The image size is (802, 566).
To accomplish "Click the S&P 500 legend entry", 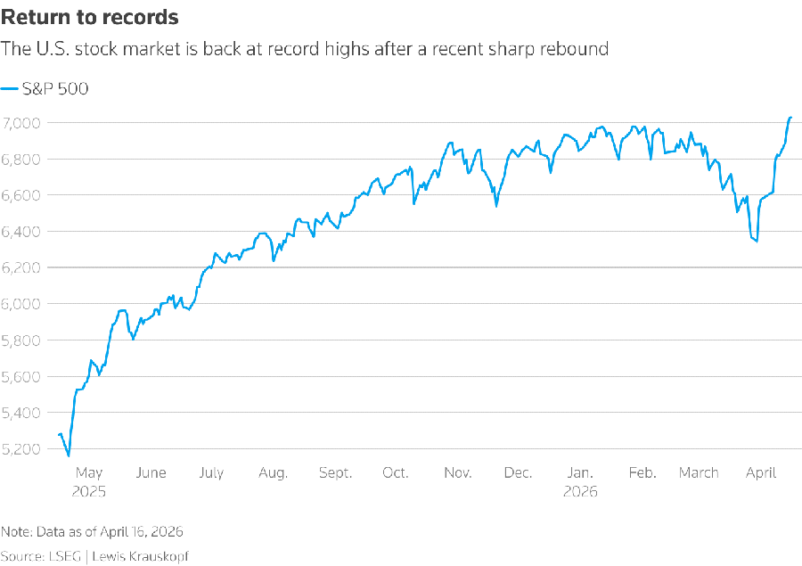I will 46,88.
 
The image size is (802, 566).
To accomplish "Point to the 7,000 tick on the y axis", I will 21,122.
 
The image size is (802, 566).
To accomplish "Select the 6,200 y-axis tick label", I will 21,267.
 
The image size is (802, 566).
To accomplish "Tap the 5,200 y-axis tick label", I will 21,448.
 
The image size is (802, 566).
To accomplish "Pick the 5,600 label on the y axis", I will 21,376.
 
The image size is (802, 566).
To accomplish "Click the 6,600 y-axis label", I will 21,195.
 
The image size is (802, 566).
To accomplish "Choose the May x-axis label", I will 89,473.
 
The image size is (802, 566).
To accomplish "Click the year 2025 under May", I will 89,491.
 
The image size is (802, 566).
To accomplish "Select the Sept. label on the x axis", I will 335,473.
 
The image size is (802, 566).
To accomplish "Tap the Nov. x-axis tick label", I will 457,473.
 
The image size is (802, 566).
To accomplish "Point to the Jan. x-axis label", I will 580,473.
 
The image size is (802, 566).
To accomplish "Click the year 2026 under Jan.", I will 580,491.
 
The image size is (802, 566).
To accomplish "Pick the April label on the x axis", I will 761,473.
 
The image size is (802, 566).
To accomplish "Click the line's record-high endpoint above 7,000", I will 790,118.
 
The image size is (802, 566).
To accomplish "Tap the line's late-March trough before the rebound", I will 757,241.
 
